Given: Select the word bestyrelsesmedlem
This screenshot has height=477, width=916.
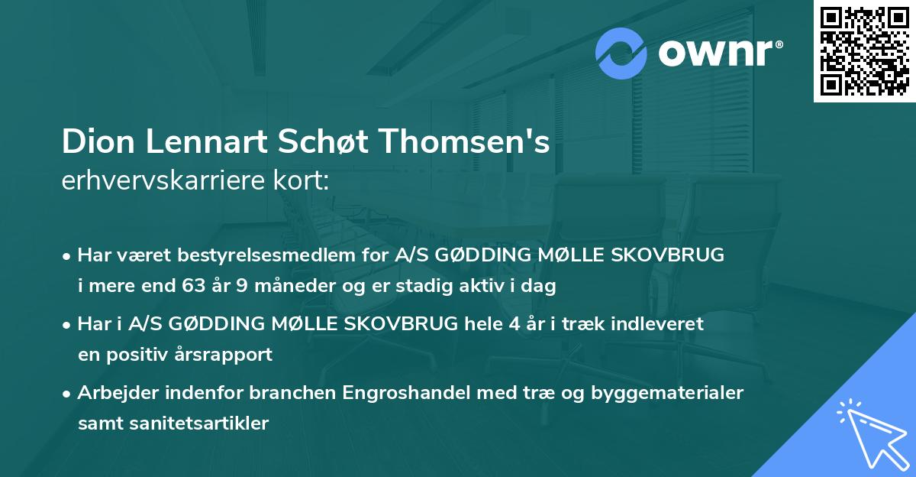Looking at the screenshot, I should click(x=241, y=255).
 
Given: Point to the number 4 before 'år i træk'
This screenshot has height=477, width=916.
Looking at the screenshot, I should click(x=518, y=324).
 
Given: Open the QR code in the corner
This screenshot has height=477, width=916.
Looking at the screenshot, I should click(x=863, y=51).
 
